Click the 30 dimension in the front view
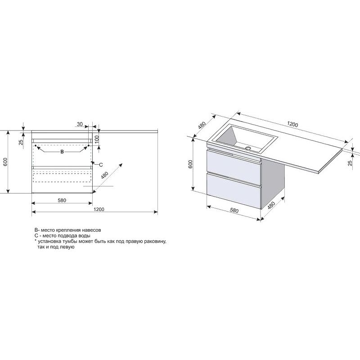coord(80,124)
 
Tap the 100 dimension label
coord(97,139)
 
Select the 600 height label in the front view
coord(6,162)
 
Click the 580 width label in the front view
coord(62,200)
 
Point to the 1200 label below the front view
coord(99,209)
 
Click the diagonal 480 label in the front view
coord(104,175)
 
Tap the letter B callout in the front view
coord(62,152)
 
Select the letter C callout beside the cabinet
coord(101,165)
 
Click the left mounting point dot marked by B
coord(36,145)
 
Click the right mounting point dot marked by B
coord(88,145)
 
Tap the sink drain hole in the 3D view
coord(248,148)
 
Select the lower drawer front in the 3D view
coord(234,190)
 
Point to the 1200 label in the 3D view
coord(293,124)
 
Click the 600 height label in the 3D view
coord(190,164)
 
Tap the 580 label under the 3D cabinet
coord(234,210)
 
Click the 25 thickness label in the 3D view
coord(350,163)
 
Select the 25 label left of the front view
coord(21,142)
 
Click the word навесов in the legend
coord(93,230)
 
